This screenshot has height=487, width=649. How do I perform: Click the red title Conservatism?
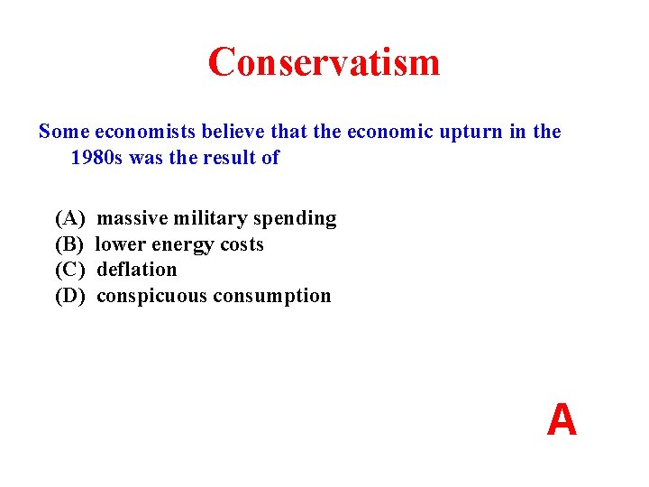pyautogui.click(x=324, y=62)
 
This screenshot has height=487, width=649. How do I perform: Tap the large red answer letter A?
pyautogui.click(x=562, y=420)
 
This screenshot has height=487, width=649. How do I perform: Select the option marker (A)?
pyautogui.click(x=70, y=218)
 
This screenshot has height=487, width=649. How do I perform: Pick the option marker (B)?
pyautogui.click(x=69, y=244)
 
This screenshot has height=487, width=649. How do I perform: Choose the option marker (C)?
pyautogui.click(x=69, y=270)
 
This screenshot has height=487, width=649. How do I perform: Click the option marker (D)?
pyautogui.click(x=70, y=296)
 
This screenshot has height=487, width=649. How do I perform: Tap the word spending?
pyautogui.click(x=295, y=219)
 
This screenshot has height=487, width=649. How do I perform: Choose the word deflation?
pyautogui.click(x=137, y=270)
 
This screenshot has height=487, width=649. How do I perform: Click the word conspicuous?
pyautogui.click(x=151, y=297)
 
